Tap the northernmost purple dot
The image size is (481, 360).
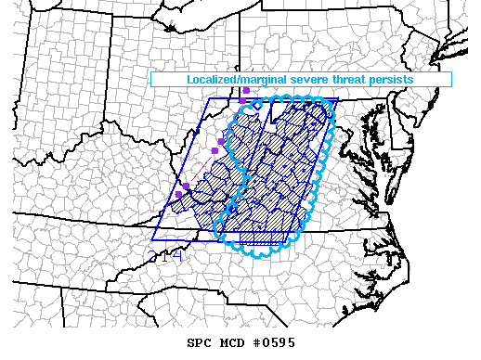point(245,91)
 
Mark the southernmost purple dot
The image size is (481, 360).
point(179,195)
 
